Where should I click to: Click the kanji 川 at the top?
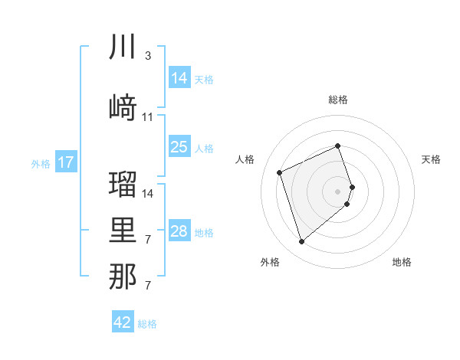pyautogui.click(x=123, y=47)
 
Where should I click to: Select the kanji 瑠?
pyautogui.click(x=123, y=184)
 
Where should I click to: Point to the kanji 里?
pyautogui.click(x=123, y=231)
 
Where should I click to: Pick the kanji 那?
pyautogui.click(x=123, y=277)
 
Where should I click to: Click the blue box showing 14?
pyautogui.click(x=179, y=78)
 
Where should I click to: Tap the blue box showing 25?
pyautogui.click(x=179, y=147)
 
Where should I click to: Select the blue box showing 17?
pyautogui.click(x=65, y=162)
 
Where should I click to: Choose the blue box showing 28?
pyautogui.click(x=179, y=231)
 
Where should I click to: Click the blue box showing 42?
pyautogui.click(x=123, y=322)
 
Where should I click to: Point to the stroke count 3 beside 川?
pyautogui.click(x=147, y=56)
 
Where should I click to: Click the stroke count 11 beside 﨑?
pyautogui.click(x=148, y=117)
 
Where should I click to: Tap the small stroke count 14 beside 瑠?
pyautogui.click(x=148, y=193)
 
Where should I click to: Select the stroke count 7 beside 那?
pyautogui.click(x=147, y=286)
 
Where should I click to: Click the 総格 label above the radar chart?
pyautogui.click(x=338, y=100)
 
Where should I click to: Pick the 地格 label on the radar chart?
pyautogui.click(x=402, y=262)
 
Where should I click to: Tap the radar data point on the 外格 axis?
pyautogui.click(x=301, y=242)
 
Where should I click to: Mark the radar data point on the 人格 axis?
pyautogui.click(x=281, y=172)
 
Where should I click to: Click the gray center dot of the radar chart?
pyautogui.click(x=338, y=191)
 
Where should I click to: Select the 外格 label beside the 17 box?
pyautogui.click(x=41, y=163)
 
